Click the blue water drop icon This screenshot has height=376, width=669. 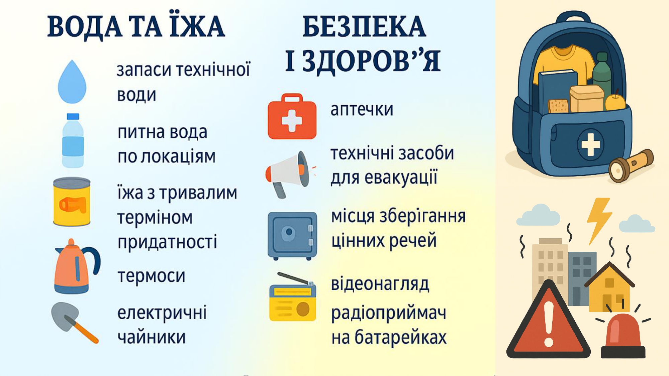coord(72,82)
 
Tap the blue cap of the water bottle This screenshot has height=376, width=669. coord(73,116)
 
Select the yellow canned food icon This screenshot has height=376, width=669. coord(72,202)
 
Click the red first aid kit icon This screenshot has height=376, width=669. coord(292,116)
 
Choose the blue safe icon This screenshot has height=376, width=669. coord(292,236)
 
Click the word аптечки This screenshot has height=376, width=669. coord(362,110)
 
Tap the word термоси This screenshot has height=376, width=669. coord(151,276)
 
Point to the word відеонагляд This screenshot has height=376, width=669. coord(380,284)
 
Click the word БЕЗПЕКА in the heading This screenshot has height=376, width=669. coord(364,27)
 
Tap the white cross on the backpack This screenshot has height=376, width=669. coord(590,144)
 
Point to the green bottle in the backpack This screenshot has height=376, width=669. coord(602,75)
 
